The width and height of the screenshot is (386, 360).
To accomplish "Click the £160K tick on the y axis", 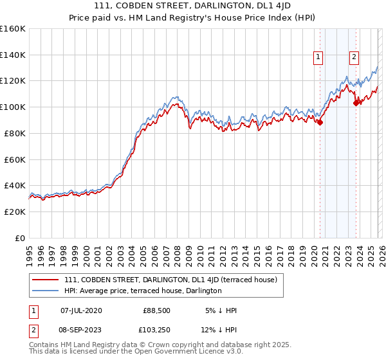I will [x=13, y=29].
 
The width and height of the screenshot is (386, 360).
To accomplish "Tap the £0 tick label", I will [x=19, y=238].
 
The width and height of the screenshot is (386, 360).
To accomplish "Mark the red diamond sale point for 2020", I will [x=320, y=122].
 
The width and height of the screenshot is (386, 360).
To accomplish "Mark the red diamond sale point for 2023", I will [x=356, y=102].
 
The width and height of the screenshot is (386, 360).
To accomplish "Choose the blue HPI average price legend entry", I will [x=143, y=291].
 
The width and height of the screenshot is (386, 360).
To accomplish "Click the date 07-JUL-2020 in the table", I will [x=81, y=310].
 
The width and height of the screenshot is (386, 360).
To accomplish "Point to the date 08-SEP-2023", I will [x=81, y=331].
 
